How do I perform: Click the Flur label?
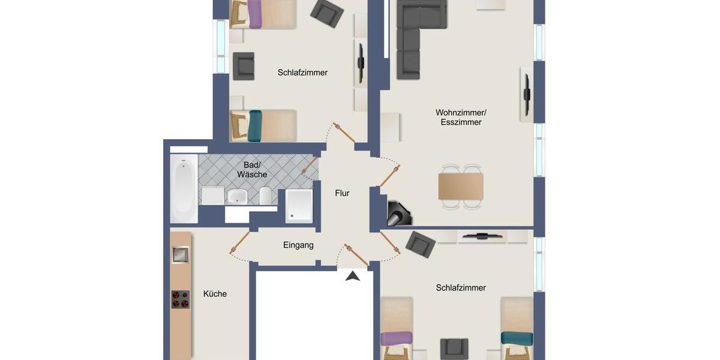tap(342, 193)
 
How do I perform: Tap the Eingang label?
tap(298, 245)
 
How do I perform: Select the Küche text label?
tap(215, 293)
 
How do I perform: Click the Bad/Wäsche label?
tap(252, 169)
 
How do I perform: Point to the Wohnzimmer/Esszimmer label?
tap(461, 117)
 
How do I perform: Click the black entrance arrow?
tap(353, 275)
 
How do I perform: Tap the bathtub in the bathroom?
tap(184, 188)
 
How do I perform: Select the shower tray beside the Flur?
tap(299, 206)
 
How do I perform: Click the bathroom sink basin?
tap(238, 196)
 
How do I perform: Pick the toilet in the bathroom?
tap(265, 195)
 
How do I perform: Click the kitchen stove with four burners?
tap(180, 299)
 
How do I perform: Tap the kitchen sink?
tap(180, 254)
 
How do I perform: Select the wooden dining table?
tap(461, 186)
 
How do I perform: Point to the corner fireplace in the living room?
tap(398, 214)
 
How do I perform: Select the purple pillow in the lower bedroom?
tap(396, 338)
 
